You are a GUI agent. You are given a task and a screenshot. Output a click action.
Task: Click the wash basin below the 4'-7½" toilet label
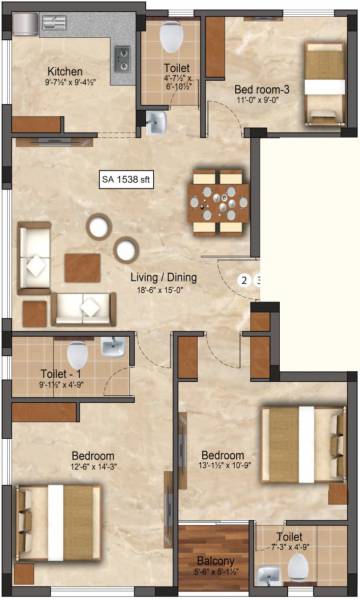pos(156,122)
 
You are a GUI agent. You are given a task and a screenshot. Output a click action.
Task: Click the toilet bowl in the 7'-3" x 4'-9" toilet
pos(297,567)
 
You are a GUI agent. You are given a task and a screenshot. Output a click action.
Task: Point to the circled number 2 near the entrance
pos(242,281)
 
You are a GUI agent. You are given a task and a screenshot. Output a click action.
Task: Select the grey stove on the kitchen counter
pos(122,61)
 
